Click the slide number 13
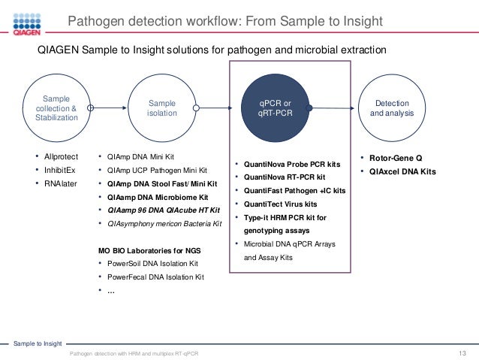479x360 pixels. (x=462, y=353)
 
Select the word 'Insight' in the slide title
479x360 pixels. (x=360, y=20)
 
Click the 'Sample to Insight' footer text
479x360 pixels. (x=38, y=343)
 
